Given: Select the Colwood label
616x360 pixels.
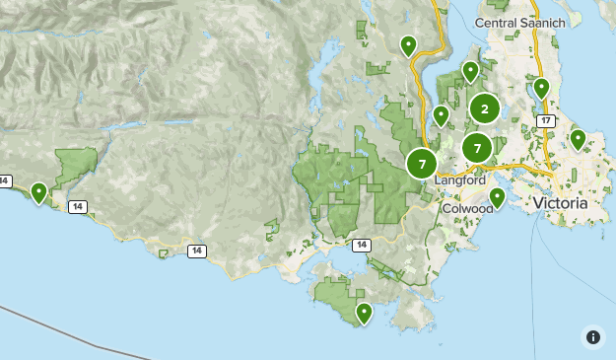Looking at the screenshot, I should [467, 208].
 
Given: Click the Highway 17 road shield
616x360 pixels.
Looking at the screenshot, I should [545, 120].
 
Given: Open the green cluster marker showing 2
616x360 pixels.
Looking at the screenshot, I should [484, 108].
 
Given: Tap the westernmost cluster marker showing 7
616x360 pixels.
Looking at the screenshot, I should [422, 163].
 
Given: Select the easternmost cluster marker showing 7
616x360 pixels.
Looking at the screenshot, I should [477, 148].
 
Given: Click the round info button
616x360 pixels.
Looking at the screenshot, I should [592, 336].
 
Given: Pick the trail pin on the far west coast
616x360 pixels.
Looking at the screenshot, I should [39, 192].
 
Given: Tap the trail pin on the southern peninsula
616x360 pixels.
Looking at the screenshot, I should [365, 313].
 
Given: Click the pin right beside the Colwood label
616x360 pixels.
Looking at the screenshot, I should [498, 197].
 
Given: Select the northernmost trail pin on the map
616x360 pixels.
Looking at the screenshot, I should [408, 44].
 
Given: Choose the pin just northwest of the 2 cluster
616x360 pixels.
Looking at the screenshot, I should [470, 71].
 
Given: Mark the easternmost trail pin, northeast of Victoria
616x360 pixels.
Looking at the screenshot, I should [578, 139].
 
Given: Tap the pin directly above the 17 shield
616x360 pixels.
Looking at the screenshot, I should [541, 88].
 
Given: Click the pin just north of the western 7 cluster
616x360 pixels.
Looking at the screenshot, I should [441, 115].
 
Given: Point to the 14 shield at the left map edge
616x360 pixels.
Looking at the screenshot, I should [5, 180].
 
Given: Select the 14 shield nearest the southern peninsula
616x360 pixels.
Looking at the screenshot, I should [362, 244].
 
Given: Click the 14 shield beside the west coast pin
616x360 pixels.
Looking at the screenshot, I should [77, 206].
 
